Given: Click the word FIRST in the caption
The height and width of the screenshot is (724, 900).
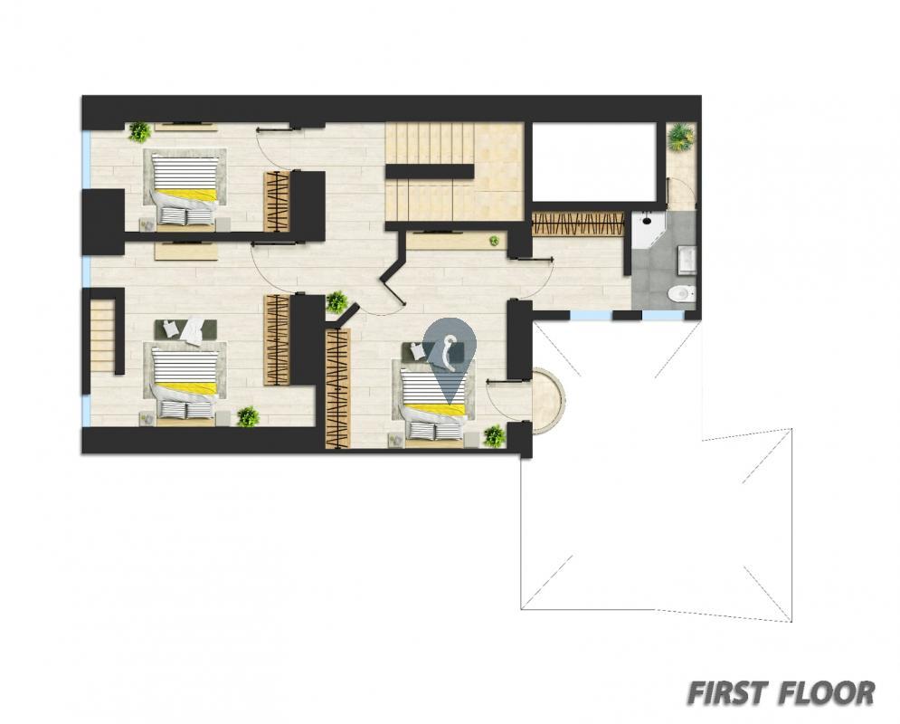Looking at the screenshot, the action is click(x=728, y=693).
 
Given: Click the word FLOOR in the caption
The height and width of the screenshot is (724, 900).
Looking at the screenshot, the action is click(x=827, y=693).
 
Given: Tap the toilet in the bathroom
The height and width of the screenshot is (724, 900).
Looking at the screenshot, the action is click(x=682, y=293).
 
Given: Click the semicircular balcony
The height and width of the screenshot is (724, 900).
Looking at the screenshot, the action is click(x=547, y=400).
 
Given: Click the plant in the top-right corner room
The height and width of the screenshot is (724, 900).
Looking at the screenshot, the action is click(x=681, y=137).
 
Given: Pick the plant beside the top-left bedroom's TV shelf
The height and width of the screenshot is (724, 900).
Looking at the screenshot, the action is click(x=139, y=131).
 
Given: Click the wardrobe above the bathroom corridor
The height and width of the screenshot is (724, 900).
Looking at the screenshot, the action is click(x=577, y=224).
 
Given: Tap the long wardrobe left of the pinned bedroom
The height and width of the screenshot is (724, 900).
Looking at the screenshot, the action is click(x=338, y=388).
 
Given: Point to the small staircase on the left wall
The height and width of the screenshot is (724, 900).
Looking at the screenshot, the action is click(x=103, y=335).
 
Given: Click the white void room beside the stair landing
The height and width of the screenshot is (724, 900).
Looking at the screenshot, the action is click(x=594, y=162).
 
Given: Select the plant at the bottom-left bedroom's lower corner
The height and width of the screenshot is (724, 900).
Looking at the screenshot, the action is click(x=248, y=416).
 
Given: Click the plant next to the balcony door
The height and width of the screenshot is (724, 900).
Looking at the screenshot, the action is click(x=494, y=436).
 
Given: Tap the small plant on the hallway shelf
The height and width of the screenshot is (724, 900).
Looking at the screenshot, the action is click(x=494, y=241).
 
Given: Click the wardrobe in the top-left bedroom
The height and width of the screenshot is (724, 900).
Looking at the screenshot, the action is click(x=277, y=202).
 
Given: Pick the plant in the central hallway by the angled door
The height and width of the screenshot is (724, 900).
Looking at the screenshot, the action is click(x=336, y=302).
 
